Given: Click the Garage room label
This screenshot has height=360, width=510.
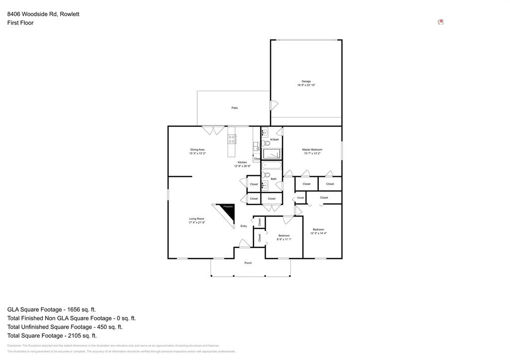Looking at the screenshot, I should coord(306,81).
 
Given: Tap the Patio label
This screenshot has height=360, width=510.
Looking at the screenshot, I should coord(234,108).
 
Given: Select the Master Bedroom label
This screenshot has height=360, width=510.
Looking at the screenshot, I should coord(312,149).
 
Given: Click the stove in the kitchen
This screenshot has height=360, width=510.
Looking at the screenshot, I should coord(232,139).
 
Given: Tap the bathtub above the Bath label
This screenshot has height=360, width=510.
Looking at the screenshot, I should coord(272,165).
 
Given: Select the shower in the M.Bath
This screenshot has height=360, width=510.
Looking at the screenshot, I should coord(272,154).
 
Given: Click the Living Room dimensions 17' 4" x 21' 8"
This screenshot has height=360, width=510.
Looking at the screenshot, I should coord(196,223).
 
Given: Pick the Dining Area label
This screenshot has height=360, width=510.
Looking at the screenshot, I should coord(197,149).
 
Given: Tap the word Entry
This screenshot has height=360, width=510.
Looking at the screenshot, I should coord(244,226).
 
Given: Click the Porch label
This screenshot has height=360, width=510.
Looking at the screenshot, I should coord(248,263).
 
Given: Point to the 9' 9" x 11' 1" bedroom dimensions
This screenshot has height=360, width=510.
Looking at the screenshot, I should coord(284,240).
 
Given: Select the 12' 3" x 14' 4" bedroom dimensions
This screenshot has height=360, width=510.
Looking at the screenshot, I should coord(318,233).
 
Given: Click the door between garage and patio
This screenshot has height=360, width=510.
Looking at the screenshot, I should coord(273,106).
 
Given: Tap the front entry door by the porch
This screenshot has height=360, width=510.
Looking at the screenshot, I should coord(244,244).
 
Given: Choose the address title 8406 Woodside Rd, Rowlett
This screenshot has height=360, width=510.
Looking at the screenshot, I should coord(43,14).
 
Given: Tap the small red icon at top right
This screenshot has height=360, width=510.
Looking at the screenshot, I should coord(440,22).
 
